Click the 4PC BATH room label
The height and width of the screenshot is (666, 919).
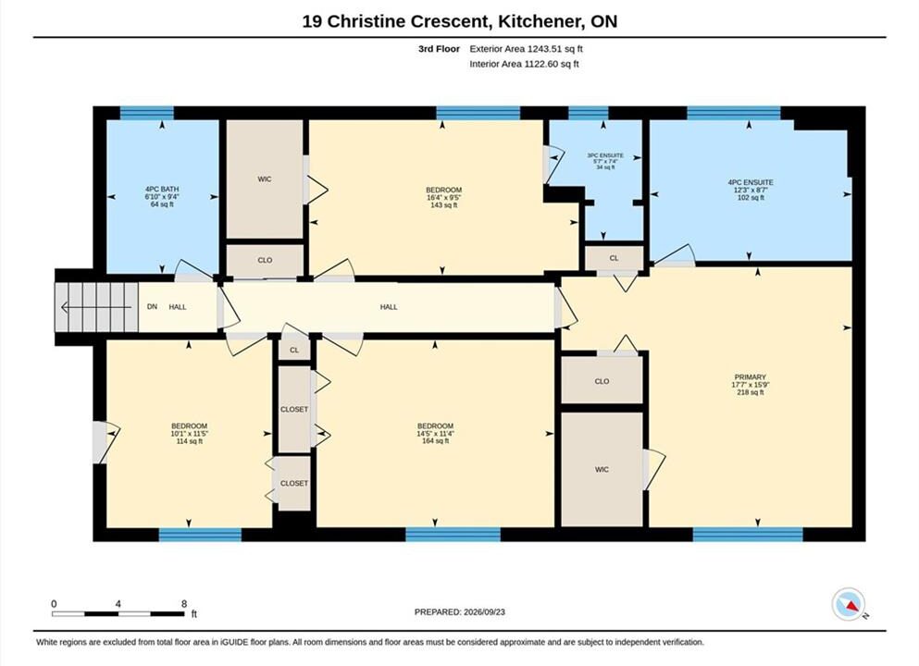click(162, 197)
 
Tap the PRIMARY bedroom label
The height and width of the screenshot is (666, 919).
click(751, 384)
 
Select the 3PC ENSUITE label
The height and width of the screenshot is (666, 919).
click(605, 161)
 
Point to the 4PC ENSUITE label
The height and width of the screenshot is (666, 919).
click(751, 190)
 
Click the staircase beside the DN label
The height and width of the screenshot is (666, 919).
click(96, 307)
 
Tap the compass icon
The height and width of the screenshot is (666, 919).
click(848, 604)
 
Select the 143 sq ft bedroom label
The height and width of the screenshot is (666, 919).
click(443, 197)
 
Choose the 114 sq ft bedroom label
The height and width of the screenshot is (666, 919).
click(190, 434)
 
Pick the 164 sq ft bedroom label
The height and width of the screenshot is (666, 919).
click(436, 434)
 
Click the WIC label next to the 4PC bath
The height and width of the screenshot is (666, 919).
click(265, 179)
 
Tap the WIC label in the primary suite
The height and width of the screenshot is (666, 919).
click(602, 469)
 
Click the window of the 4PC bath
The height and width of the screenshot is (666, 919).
click(146, 113)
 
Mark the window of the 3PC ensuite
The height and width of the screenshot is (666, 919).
click(589, 113)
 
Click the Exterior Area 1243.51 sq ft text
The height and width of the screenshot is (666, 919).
click(527, 49)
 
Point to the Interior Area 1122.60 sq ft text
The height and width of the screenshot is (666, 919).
click(524, 64)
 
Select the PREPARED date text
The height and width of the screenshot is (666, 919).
click(459, 612)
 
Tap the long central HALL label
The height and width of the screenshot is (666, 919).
click(389, 307)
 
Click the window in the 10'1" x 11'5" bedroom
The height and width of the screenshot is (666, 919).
click(200, 535)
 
